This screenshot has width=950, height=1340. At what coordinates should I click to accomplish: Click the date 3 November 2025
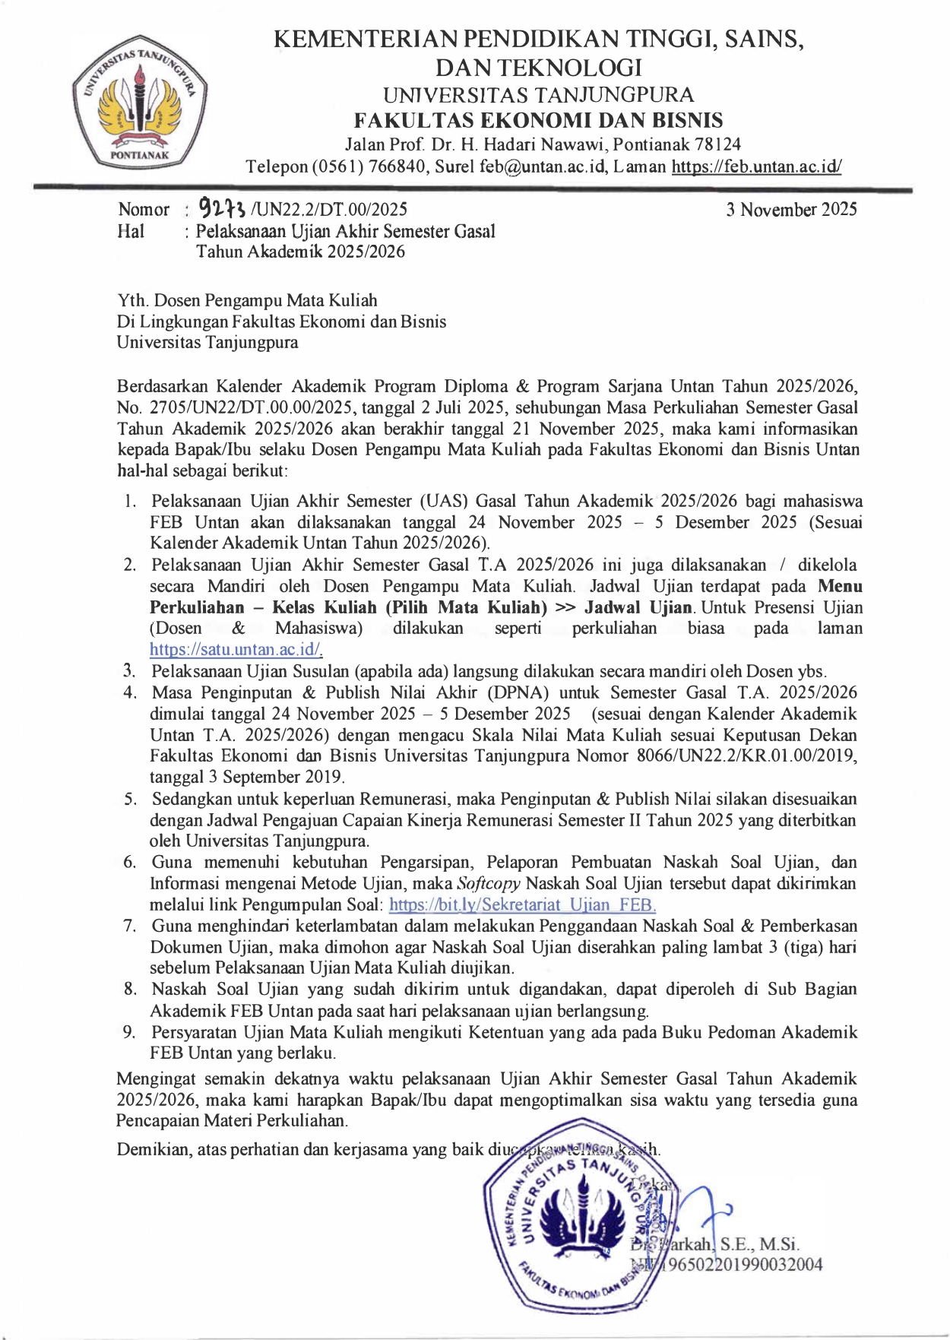(x=791, y=210)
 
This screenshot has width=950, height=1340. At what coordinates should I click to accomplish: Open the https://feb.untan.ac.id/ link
(x=756, y=167)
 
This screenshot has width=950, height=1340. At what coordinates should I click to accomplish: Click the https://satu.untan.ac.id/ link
(x=236, y=650)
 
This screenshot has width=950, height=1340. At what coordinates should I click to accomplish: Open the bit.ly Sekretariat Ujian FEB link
(x=522, y=904)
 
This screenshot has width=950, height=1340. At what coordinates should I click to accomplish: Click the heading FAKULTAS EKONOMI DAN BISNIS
(x=539, y=120)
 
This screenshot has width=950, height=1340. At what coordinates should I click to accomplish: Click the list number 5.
(x=131, y=799)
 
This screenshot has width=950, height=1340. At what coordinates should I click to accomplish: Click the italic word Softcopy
(x=489, y=883)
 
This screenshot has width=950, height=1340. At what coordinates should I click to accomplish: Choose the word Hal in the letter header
(x=131, y=231)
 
